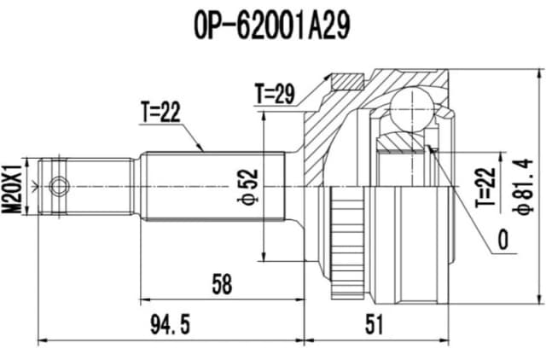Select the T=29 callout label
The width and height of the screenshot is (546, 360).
pos(275,94)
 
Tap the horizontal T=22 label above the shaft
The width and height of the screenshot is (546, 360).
pos(160,112)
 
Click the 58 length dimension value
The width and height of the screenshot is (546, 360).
pos(223,285)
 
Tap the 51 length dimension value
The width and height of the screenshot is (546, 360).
pos(374,325)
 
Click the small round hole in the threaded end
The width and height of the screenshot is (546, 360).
pos(58,185)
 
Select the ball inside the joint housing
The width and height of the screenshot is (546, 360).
pos(413,109)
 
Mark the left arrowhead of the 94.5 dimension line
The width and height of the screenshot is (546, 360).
pos(40,340)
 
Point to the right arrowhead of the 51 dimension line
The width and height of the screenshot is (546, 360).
pos(449,340)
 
